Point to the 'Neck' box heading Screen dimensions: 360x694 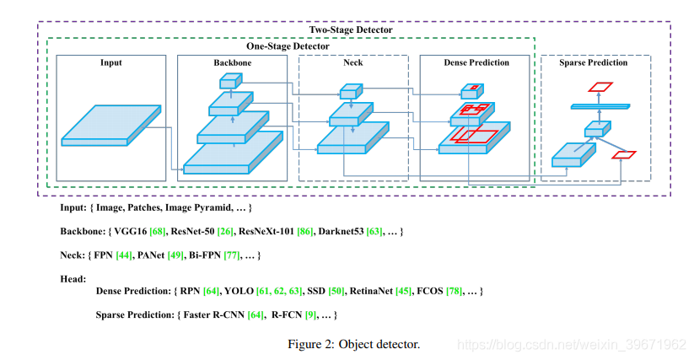354,63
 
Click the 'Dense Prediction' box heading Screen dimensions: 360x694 476,63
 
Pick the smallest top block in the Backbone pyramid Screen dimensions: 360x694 230,81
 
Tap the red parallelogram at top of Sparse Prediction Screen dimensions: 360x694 599,87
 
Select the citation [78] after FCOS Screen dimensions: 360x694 449,291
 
